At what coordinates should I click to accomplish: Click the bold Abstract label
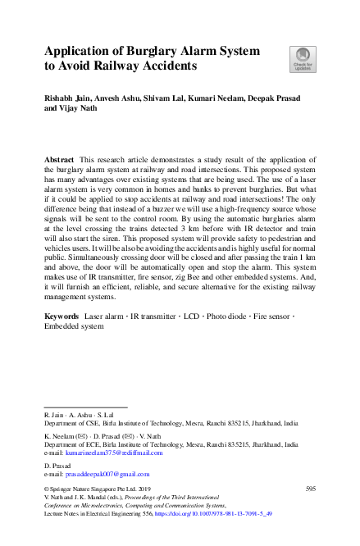[59, 156]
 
